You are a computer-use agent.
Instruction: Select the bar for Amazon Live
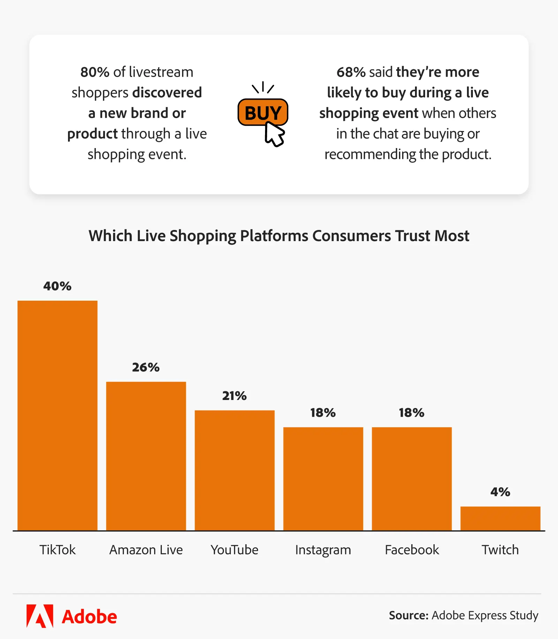[x=146, y=456]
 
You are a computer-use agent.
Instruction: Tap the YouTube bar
[x=234, y=470]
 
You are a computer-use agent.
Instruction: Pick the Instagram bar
[x=323, y=479]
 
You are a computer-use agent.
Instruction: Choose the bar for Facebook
[x=412, y=479]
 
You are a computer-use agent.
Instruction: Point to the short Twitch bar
[x=500, y=518]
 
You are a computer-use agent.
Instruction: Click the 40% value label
[x=58, y=286]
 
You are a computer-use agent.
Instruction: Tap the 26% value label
[x=146, y=367]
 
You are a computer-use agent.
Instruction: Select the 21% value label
[x=234, y=396]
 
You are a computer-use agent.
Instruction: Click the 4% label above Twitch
[x=500, y=492]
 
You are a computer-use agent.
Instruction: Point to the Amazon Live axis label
[x=146, y=550]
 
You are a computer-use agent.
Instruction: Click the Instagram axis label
[x=323, y=550]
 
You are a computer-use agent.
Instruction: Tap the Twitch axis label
[x=500, y=550]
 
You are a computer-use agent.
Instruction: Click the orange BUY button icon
[x=263, y=112]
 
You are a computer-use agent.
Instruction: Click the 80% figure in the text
[x=95, y=72]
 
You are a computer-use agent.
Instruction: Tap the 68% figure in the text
[x=351, y=72]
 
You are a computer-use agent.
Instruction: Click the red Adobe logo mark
[x=40, y=616]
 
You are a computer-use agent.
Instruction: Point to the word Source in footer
[x=408, y=615]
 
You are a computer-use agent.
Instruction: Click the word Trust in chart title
[x=413, y=236]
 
